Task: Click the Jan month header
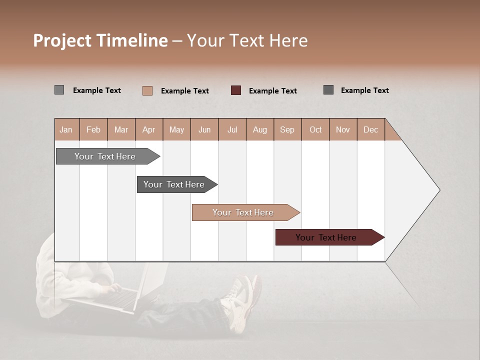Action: coord(66,129)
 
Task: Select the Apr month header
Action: coord(149,129)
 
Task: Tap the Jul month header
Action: coord(232,129)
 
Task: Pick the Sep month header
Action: coord(287,129)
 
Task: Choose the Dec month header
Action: coord(370,129)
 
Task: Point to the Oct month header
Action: coord(315,129)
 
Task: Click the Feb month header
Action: coord(93,129)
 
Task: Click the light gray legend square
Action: coord(59,90)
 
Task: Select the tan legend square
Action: coord(147,90)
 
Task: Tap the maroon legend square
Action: coord(236,90)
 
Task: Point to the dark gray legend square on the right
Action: coord(328,90)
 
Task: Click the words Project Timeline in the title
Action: coord(100,40)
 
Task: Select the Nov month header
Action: coord(343,129)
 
